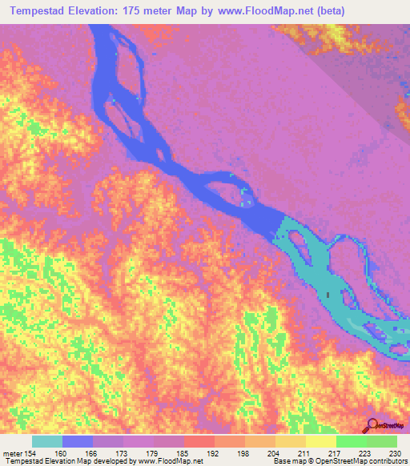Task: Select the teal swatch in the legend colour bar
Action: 46,441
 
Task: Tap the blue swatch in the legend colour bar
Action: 77,441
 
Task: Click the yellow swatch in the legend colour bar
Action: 320,441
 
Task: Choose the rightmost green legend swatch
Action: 381,441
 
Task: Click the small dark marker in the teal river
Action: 328,297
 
